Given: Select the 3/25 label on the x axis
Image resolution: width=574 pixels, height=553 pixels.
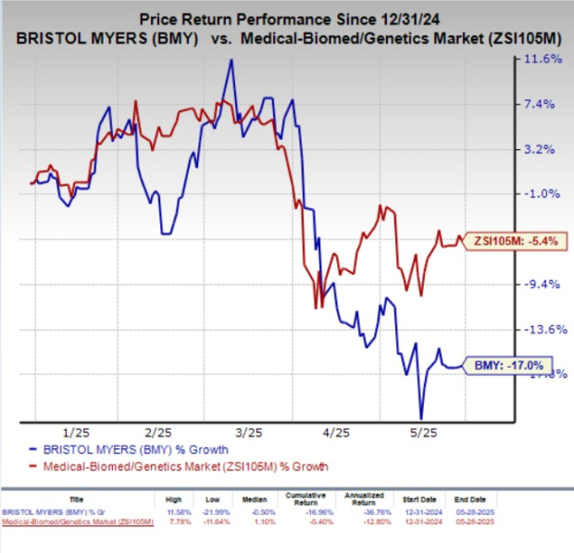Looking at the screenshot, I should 247,433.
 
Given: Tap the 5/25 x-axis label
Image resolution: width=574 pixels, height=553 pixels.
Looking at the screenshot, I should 424,433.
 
